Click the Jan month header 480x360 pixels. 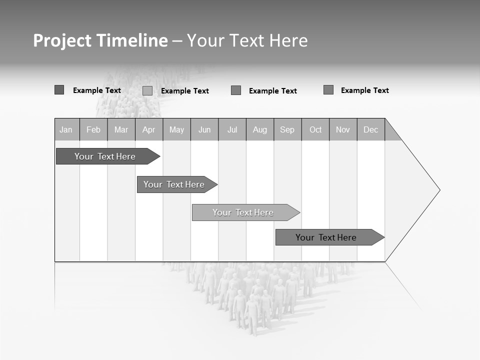66,129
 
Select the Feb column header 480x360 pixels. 93,129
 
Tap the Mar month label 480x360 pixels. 121,129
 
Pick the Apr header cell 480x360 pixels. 149,129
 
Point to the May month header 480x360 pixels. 176,129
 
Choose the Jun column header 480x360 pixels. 204,129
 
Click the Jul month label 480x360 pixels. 232,129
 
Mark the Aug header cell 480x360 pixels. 260,129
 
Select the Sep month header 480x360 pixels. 287,129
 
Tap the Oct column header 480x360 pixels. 315,129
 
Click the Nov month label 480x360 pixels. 343,129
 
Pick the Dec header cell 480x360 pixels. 371,129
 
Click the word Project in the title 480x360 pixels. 62,40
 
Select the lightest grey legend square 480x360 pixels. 147,90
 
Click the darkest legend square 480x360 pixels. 59,90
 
